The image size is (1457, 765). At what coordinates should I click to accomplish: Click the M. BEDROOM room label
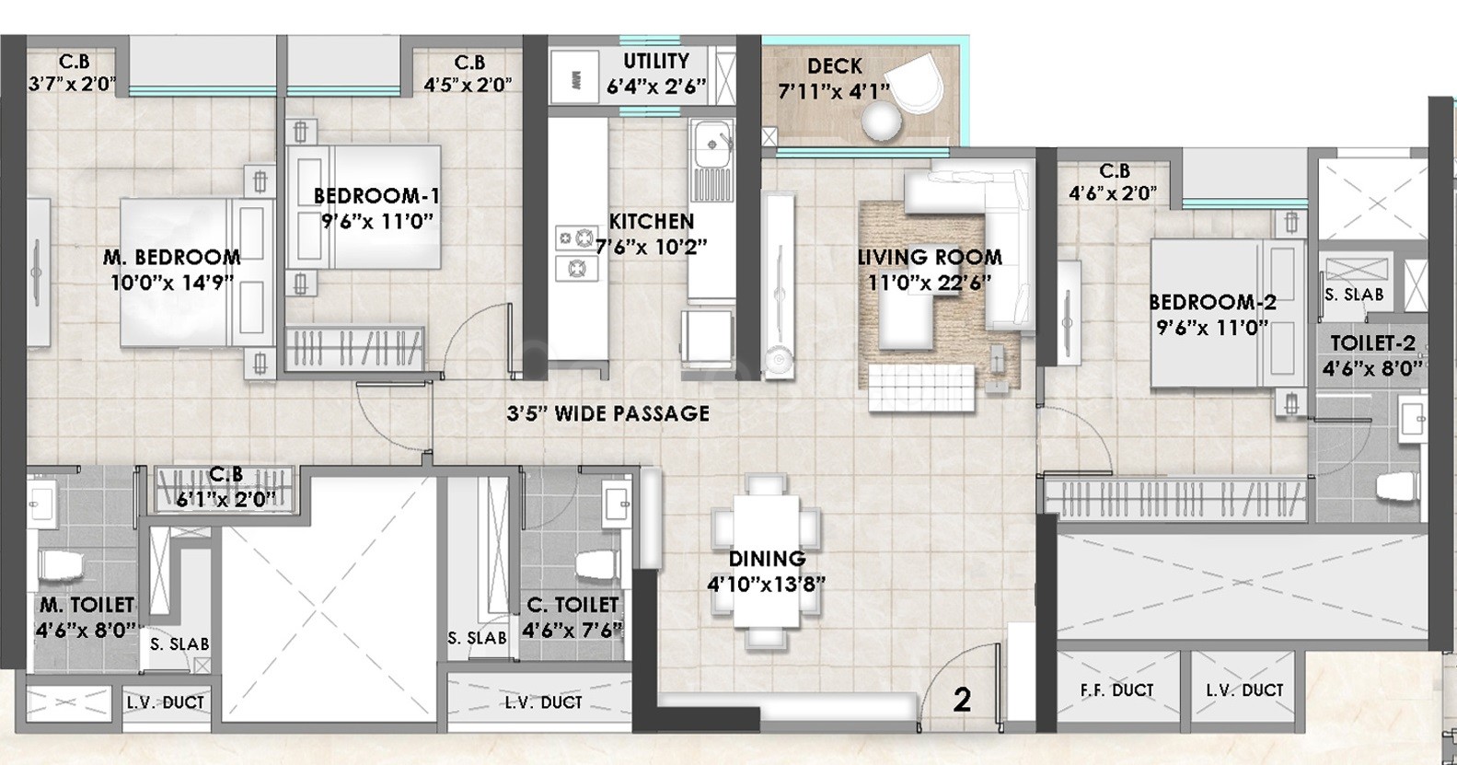[172, 257]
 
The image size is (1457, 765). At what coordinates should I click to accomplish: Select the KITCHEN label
[652, 222]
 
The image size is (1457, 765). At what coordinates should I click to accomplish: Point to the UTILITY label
[656, 62]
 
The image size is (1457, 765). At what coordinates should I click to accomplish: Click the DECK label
[834, 66]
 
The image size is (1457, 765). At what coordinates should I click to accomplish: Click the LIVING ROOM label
[930, 257]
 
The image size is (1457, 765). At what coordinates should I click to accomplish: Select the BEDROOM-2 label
[1212, 302]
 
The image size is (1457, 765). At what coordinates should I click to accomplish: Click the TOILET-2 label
[1372, 343]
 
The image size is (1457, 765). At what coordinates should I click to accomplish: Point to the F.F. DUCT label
[1116, 690]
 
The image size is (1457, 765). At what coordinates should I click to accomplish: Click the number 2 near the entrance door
[962, 701]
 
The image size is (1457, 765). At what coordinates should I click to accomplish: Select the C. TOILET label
[572, 605]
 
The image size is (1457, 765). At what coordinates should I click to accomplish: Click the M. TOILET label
[87, 605]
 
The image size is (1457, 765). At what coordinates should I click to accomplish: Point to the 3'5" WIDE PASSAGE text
[607, 413]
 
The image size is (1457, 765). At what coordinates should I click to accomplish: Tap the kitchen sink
[712, 144]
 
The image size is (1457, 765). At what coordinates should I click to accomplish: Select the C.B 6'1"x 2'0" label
[226, 486]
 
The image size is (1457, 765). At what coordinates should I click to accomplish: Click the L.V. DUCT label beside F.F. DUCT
[1243, 690]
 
